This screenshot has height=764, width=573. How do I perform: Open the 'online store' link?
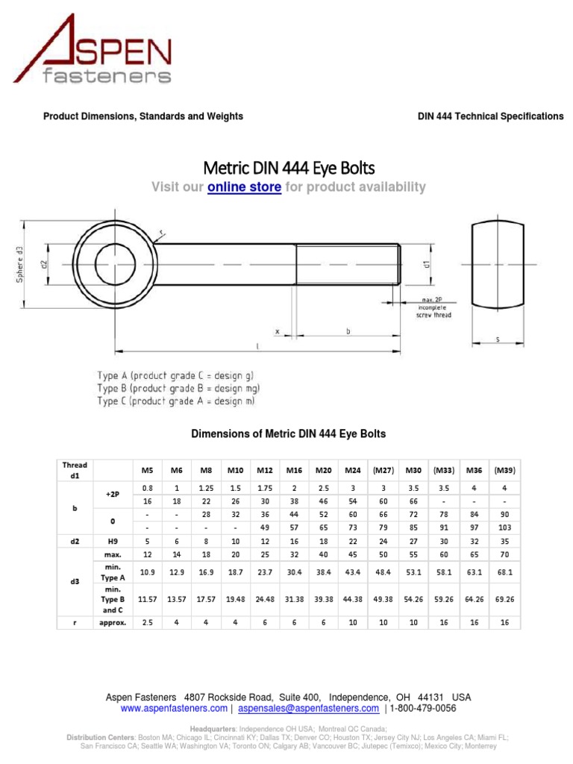coord(244,187)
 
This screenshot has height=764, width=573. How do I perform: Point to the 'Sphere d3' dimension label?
coord(22,265)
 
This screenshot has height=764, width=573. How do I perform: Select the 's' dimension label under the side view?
coord(498,340)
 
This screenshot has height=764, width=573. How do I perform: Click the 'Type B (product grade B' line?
coord(178,388)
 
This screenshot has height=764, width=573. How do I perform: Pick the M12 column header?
coord(265,470)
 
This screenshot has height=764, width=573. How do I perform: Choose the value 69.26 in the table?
coord(504,598)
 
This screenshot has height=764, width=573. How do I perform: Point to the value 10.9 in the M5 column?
coord(147,572)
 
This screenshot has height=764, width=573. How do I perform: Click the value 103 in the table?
coord(504,527)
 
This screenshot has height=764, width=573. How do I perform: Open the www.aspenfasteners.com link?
coord(174,708)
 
